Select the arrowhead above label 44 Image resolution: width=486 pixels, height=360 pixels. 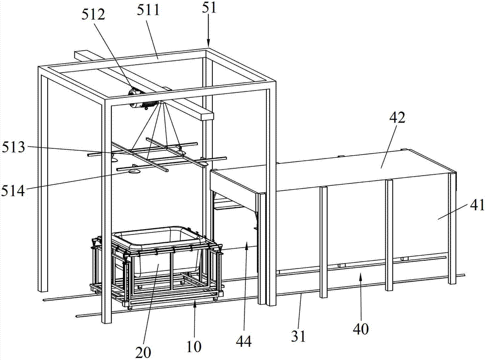pyautogui.click(x=247, y=248)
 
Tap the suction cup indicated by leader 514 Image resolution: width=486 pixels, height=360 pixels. pyautogui.click(x=134, y=170)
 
